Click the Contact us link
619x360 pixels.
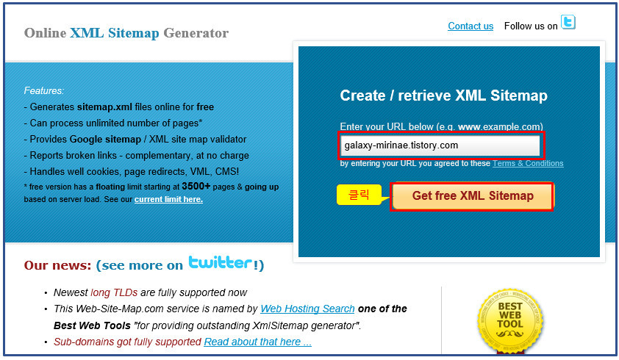(470, 26)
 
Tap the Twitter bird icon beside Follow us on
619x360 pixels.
(568, 23)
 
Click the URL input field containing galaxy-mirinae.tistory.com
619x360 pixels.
(440, 145)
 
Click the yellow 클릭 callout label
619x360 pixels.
(359, 195)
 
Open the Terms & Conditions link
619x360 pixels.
(528, 164)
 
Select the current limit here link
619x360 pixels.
(168, 199)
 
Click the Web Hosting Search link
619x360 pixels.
(307, 309)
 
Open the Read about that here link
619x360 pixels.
(257, 342)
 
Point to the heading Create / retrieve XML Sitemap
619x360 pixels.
(443, 96)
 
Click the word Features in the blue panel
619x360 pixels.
(43, 91)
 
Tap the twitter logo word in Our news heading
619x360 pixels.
(220, 263)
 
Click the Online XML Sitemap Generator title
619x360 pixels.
(126, 33)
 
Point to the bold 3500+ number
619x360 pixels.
(196, 187)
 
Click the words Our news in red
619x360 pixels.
(57, 265)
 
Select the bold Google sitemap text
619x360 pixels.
(105, 139)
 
